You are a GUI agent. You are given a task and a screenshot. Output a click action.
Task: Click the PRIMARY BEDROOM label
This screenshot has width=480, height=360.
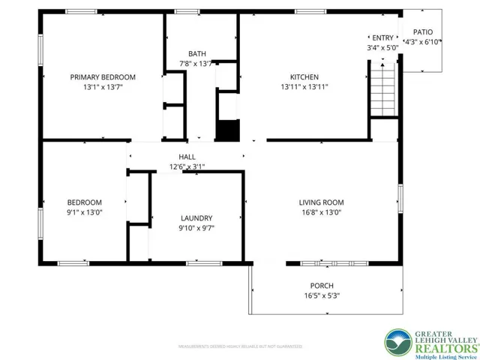pyautogui.click(x=103, y=77)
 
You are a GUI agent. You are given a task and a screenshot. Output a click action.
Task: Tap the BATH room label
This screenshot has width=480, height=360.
pyautogui.click(x=197, y=53)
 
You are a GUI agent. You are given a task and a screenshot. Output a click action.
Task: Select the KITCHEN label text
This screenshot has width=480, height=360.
pyautogui.click(x=304, y=77)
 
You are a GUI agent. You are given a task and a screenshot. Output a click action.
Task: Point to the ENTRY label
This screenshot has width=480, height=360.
pyautogui.click(x=382, y=37)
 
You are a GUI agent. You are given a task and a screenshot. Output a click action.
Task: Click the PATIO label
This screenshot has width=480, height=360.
pyautogui.click(x=423, y=32)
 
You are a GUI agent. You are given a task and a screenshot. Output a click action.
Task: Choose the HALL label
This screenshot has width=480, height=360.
pyautogui.click(x=187, y=157)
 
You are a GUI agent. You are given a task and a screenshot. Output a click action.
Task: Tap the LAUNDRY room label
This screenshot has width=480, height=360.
pyautogui.click(x=196, y=217)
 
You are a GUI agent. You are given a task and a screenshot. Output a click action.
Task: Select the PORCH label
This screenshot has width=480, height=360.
pyautogui.click(x=322, y=286)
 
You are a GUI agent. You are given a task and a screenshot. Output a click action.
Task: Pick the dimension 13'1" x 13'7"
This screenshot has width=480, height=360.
pyautogui.click(x=103, y=87)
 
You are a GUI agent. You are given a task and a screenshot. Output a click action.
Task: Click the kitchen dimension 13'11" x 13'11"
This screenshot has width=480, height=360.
pyautogui.click(x=304, y=87)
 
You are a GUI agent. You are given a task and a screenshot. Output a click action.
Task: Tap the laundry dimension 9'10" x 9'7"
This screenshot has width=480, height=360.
pyautogui.click(x=196, y=227)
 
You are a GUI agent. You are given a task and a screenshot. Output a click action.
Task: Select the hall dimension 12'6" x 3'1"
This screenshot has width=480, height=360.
pyautogui.click(x=187, y=166)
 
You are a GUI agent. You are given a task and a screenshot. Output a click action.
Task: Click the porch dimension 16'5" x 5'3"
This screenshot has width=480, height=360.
pyautogui.click(x=322, y=295)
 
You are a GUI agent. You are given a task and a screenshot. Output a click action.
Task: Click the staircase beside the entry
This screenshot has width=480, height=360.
pyautogui.click(x=385, y=89)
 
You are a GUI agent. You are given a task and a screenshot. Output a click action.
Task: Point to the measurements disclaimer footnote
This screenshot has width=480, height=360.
pyautogui.click(x=240, y=346)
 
